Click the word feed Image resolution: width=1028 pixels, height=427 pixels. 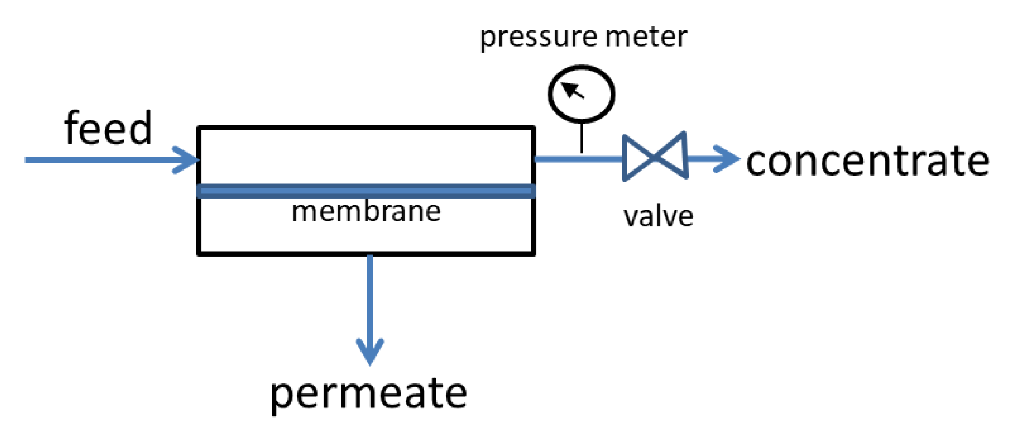(109, 129)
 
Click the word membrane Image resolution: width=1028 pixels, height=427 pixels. (366, 212)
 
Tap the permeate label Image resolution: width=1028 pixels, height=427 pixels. (368, 394)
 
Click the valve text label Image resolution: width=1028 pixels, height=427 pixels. (658, 217)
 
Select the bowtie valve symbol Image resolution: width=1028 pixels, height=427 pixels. (655, 157)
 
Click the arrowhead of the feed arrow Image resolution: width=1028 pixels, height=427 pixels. (188, 160)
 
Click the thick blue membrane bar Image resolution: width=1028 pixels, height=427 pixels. (366, 191)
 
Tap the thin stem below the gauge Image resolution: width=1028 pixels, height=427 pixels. (582, 138)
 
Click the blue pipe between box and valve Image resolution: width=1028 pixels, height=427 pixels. (578, 159)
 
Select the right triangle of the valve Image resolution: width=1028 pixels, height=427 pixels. (674, 156)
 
